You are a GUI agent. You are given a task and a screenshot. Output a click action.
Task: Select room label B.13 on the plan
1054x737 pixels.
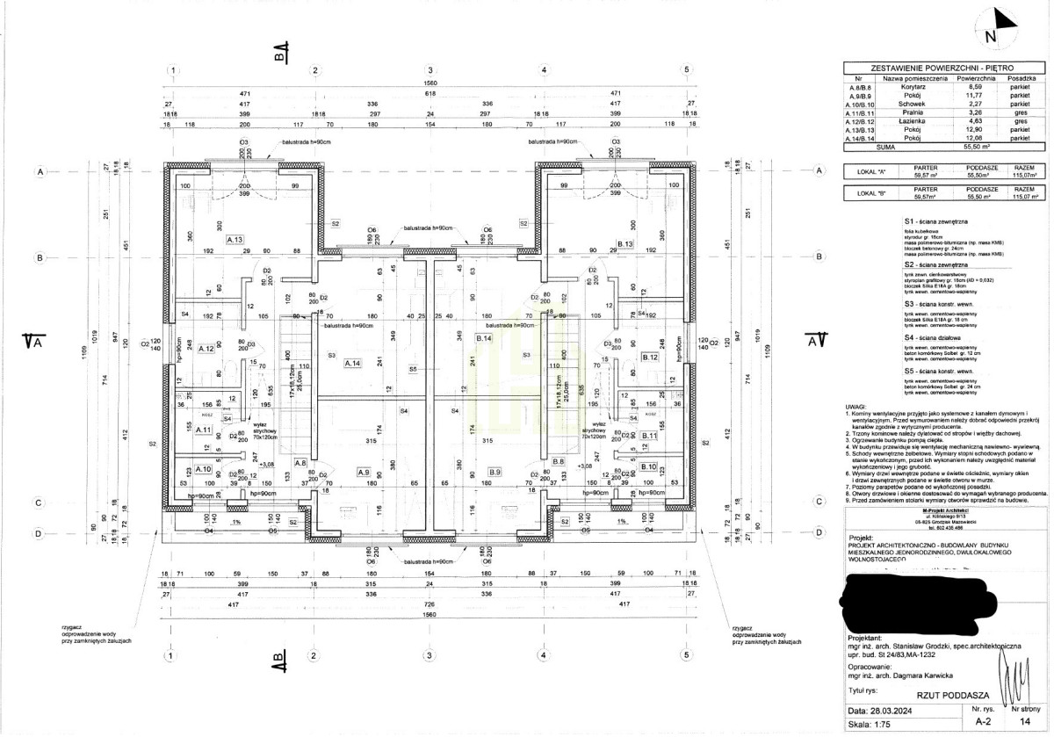pos(625,243)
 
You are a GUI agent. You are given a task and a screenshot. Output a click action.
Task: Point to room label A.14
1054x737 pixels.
pos(353,363)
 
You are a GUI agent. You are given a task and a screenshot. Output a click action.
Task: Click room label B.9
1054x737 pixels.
pos(495,473)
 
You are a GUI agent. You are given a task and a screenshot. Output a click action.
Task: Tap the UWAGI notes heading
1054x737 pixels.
pos(855,408)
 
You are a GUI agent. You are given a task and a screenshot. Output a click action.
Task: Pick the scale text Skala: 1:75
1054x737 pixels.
pos(876,726)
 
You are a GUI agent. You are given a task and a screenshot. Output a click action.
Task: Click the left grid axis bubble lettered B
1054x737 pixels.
pos(40,257)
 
